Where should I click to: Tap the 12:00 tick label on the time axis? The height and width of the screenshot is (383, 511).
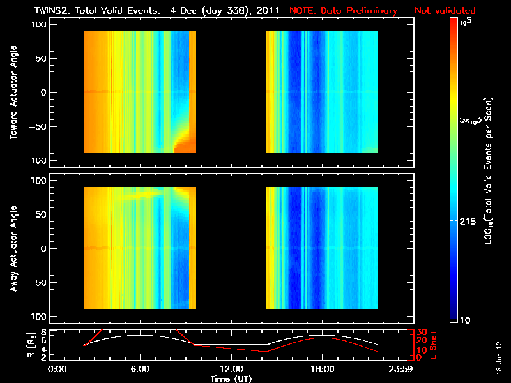(231, 370)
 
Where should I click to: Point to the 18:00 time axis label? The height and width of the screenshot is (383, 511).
(323, 370)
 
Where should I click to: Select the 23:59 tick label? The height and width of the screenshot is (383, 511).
(402, 370)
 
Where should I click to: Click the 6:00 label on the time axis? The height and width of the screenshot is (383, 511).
(140, 370)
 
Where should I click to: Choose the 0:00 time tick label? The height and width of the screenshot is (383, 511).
(57, 370)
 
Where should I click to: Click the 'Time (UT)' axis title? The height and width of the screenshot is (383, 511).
(232, 379)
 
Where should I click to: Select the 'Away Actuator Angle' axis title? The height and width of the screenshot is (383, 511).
(13, 249)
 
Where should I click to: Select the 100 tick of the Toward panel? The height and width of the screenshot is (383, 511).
(40, 24)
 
